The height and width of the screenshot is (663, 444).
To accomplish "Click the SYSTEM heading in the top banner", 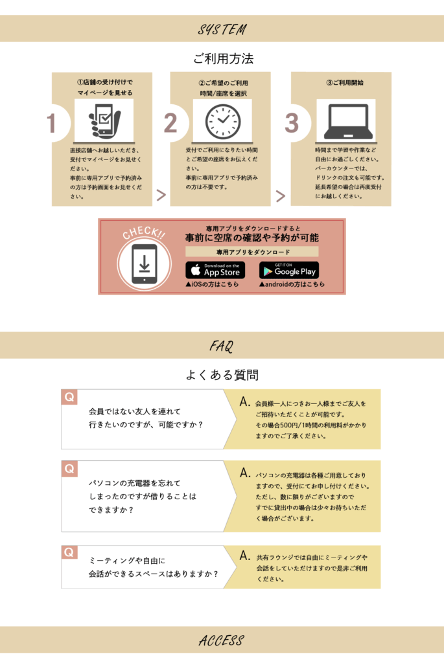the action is [222, 28].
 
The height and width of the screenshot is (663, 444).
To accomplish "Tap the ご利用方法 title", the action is [223, 58].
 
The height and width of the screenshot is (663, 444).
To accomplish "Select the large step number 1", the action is [52, 124].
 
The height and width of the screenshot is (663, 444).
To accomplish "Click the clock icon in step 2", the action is [222, 122].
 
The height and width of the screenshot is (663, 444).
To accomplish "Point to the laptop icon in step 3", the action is [348, 122].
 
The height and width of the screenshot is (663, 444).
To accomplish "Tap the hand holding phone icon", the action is [104, 120].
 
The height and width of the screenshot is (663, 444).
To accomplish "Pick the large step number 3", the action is [292, 123].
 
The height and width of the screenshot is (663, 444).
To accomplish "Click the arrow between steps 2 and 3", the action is [280, 196].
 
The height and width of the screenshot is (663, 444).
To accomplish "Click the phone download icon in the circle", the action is [145, 264].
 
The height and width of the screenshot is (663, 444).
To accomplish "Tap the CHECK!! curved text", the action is [144, 232].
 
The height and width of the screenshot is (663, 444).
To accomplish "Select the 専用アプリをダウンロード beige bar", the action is [252, 252].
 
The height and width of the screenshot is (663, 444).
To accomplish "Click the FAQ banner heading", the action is [222, 346].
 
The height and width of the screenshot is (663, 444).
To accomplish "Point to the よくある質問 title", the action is [222, 375].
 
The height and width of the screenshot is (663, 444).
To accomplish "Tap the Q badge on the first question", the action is [69, 397].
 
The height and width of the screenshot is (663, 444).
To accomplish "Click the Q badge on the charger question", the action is [69, 469].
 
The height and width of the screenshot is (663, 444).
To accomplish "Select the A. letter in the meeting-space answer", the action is [245, 556].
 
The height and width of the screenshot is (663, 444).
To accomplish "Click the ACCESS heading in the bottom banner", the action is [222, 640].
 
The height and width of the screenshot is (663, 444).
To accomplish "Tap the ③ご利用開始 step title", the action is [345, 82].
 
